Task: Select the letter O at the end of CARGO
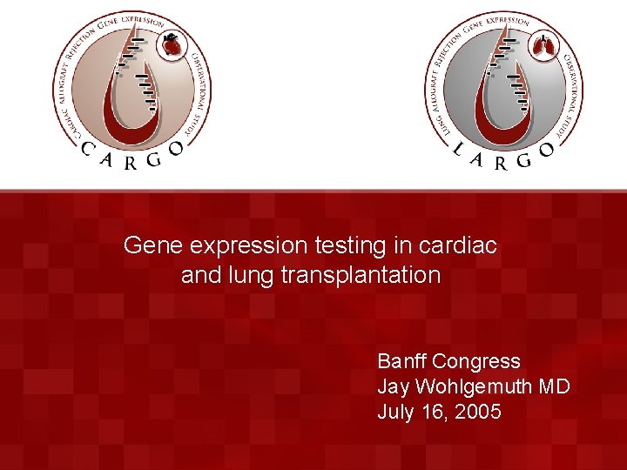coord(177,149)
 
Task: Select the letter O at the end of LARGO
coord(547,149)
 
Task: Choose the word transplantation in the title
coord(361,276)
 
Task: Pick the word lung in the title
coord(254,276)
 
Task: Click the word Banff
coord(401,361)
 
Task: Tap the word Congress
coord(476,361)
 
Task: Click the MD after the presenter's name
coord(555,386)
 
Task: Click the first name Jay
coord(393,386)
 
